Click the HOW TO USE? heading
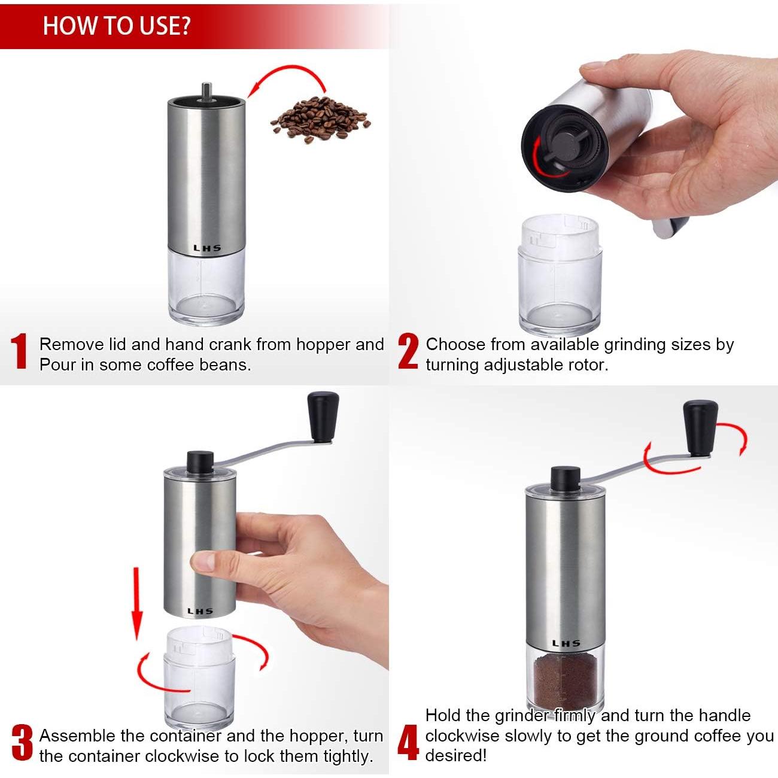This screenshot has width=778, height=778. coord(117,26)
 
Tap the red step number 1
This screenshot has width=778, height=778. coord(20,351)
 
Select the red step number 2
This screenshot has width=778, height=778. coord(408,351)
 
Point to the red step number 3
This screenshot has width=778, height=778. coord(22,743)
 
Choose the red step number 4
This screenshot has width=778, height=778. coord(408,743)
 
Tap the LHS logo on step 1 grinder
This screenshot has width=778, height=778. coord(207,248)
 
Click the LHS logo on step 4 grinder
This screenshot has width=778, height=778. coord(566,643)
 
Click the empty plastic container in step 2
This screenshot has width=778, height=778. coord(560,275)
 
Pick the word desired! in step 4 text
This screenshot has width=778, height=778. coord(455,755)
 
